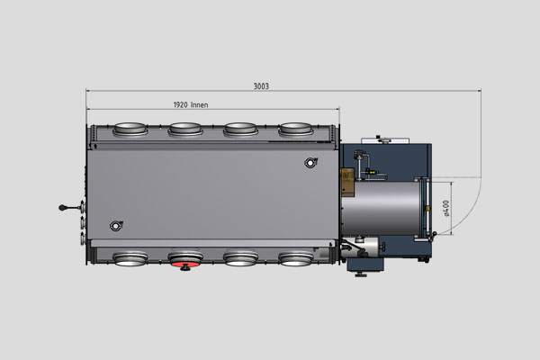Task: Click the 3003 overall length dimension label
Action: [x=262, y=86]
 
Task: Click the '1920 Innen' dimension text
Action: [x=190, y=104]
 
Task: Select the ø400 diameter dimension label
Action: [x=447, y=208]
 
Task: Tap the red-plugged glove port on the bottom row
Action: [x=185, y=260]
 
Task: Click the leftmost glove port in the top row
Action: [x=131, y=130]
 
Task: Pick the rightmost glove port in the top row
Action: [x=296, y=130]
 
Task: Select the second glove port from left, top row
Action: [x=186, y=130]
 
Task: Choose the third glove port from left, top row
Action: [x=241, y=130]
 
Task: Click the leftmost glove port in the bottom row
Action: [x=131, y=259]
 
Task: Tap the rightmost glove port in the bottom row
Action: [x=296, y=259]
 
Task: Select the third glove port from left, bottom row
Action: [x=241, y=259]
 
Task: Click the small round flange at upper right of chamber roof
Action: [x=311, y=163]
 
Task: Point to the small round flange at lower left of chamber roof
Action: [x=115, y=225]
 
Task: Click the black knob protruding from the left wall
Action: [x=63, y=207]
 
